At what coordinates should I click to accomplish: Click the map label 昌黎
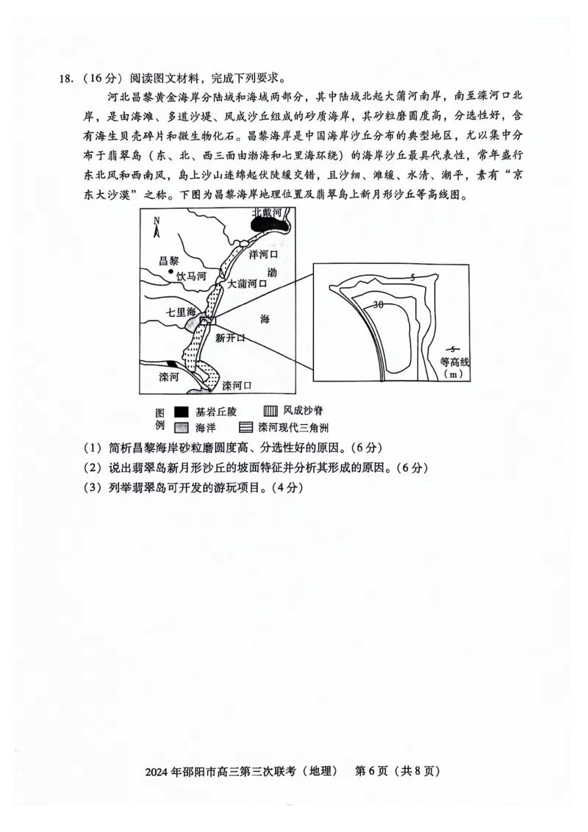(x=170, y=262)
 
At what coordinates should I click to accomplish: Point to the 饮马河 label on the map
(x=192, y=276)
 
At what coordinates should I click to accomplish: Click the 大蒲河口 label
(x=246, y=283)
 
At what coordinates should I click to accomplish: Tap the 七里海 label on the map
(x=182, y=312)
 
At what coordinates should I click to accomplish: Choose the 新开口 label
(x=230, y=338)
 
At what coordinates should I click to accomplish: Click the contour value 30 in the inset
(x=378, y=304)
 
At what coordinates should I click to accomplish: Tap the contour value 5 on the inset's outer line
(x=413, y=276)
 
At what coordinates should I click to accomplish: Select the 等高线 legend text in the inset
(x=454, y=362)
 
